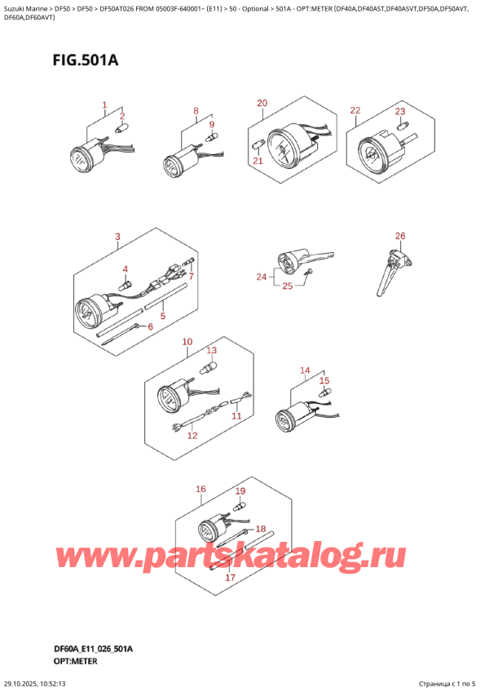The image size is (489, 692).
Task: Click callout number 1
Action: (104, 104)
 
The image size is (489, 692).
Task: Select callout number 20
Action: (262, 103)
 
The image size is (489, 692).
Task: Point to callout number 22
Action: (355, 110)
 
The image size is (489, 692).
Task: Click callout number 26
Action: (399, 237)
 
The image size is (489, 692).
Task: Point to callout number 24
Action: (262, 277)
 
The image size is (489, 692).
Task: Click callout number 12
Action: (192, 436)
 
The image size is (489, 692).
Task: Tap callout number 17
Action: (230, 578)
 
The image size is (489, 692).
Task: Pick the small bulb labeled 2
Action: (123, 127)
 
